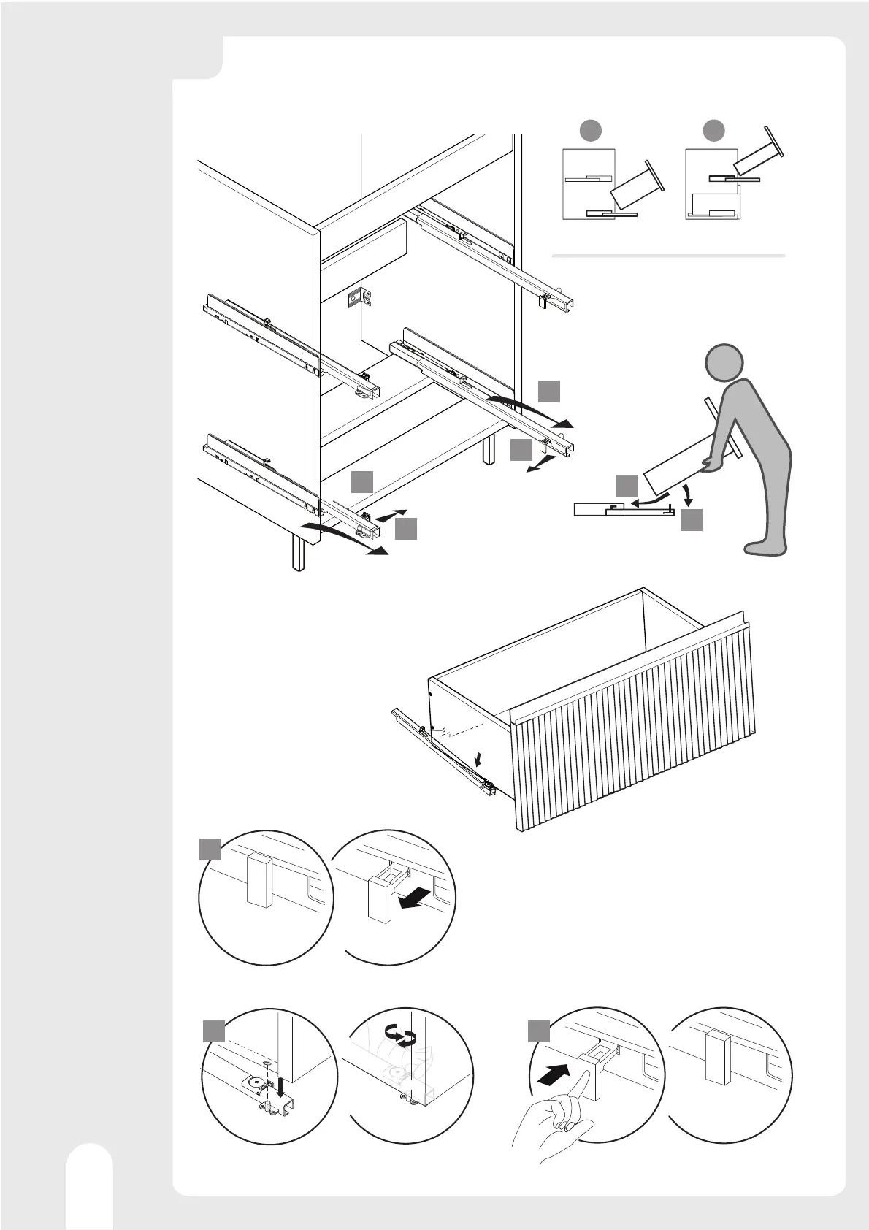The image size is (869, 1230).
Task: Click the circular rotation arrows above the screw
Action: pyautogui.click(x=399, y=1035)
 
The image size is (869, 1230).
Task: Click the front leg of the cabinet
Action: pyautogui.click(x=298, y=552)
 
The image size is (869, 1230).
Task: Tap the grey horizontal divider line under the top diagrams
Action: pyautogui.click(x=668, y=256)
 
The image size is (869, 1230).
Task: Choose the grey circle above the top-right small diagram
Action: pyautogui.click(x=713, y=131)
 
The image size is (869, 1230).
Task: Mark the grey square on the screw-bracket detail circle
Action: pyautogui.click(x=213, y=1031)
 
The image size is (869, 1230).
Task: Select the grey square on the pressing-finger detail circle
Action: pyautogui.click(x=539, y=1031)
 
